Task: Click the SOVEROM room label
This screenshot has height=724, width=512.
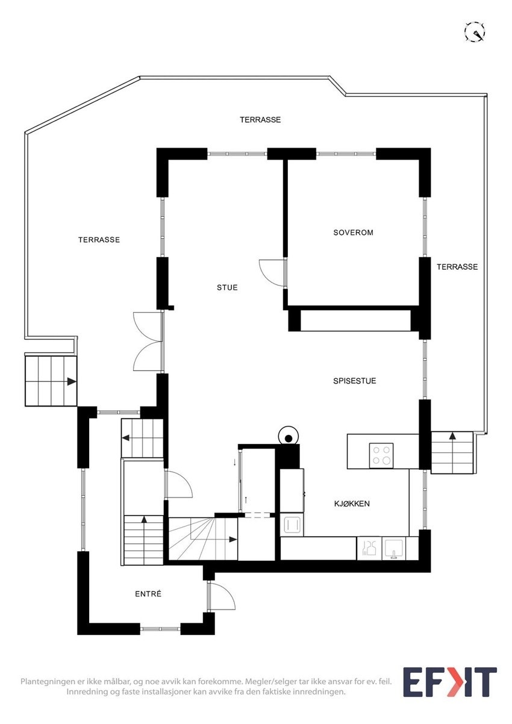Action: tap(353, 232)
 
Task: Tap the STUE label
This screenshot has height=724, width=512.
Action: tap(227, 287)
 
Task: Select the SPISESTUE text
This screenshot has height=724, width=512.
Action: tap(355, 381)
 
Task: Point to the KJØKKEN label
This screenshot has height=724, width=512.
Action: tap(352, 504)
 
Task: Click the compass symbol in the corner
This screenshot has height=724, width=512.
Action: tap(475, 32)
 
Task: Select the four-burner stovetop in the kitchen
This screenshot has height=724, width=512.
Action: tap(381, 455)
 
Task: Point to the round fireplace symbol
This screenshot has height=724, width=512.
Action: tap(289, 438)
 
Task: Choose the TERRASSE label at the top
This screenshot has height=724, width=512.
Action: tap(260, 120)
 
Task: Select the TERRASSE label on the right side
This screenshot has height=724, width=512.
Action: tap(457, 267)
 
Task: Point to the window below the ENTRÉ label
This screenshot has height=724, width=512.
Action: tap(160, 629)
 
